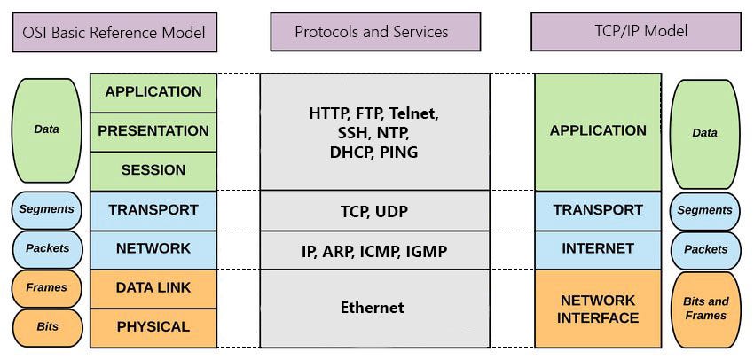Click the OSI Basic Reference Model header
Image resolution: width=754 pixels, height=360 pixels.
point(115,33)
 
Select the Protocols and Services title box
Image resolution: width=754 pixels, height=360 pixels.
point(371,32)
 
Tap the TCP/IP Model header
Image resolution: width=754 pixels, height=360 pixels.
point(635,31)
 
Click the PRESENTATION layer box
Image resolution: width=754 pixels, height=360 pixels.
point(153,131)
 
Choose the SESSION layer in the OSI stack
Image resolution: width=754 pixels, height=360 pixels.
point(153,170)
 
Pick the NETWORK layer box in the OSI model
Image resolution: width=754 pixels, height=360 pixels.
point(153,249)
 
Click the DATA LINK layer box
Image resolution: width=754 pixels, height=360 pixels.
point(153,288)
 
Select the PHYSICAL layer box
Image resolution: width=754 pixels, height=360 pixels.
point(153,327)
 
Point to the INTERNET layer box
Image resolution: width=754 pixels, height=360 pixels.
point(598,249)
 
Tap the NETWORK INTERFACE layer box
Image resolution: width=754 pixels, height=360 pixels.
point(598,309)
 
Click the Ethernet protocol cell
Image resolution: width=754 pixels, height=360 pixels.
point(373,309)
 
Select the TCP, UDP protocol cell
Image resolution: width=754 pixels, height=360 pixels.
point(373,211)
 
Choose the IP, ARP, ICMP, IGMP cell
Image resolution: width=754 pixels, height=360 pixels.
point(373,252)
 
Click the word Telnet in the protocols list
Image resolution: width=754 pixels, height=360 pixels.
point(414,113)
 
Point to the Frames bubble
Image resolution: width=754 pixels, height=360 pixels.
point(46,288)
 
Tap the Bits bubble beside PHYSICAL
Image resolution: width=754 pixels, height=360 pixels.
point(46,327)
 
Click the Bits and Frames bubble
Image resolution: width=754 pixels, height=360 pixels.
point(705,309)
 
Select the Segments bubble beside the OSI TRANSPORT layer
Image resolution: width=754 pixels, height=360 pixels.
point(46,211)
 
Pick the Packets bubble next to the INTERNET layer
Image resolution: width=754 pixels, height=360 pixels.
point(705,249)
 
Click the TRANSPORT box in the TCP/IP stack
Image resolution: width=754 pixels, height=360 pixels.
point(598,210)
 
